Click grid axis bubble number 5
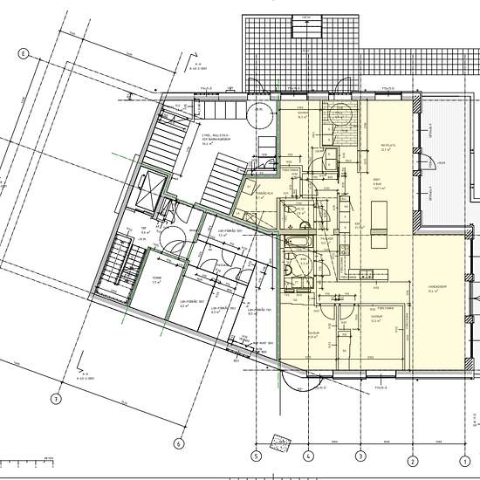(x=257, y=455)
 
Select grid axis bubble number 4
(x=308, y=455)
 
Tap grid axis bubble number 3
(x=360, y=455)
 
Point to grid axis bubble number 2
(x=412, y=455)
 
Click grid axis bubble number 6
(x=179, y=442)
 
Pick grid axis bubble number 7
(x=55, y=401)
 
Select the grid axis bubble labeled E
(x=24, y=53)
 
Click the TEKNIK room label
(x=157, y=280)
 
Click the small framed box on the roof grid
(x=311, y=28)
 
